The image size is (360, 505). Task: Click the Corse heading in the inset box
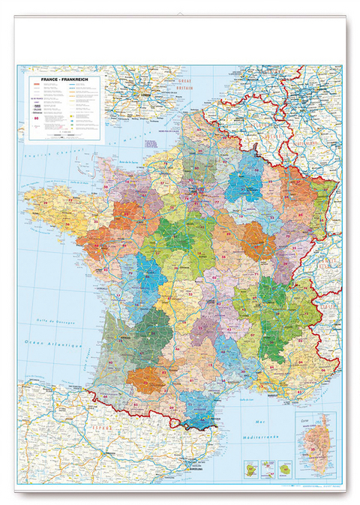point(303,417)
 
